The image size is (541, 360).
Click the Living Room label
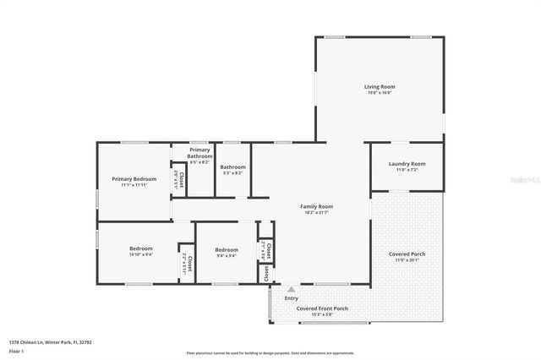click(380, 86)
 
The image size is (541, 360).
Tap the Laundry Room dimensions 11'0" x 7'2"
click(407, 170)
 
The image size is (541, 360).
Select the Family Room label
click(317, 206)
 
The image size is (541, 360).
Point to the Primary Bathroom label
click(200, 152)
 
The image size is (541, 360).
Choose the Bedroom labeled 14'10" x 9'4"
click(140, 248)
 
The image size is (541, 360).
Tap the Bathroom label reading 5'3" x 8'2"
click(232, 167)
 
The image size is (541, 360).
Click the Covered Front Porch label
click(320, 308)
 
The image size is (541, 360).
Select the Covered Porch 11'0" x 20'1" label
click(407, 254)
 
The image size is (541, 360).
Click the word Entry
click(292, 297)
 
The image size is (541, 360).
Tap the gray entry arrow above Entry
click(292, 289)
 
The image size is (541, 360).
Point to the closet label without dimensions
click(265, 274)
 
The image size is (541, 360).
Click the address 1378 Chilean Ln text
click(50, 342)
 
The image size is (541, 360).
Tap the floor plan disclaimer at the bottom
click(270, 353)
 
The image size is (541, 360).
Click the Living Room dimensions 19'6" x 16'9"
click(380, 93)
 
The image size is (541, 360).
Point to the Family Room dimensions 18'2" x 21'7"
click(317, 213)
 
